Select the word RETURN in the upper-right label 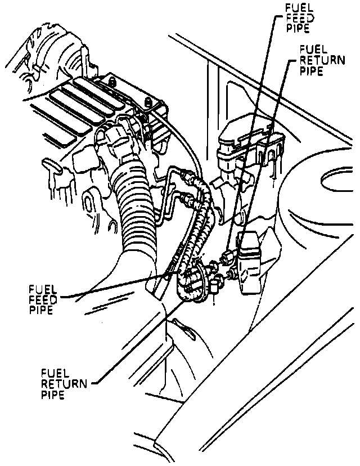pos(322,60)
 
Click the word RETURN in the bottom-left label pos(64,384)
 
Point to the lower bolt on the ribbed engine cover pos(147,102)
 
